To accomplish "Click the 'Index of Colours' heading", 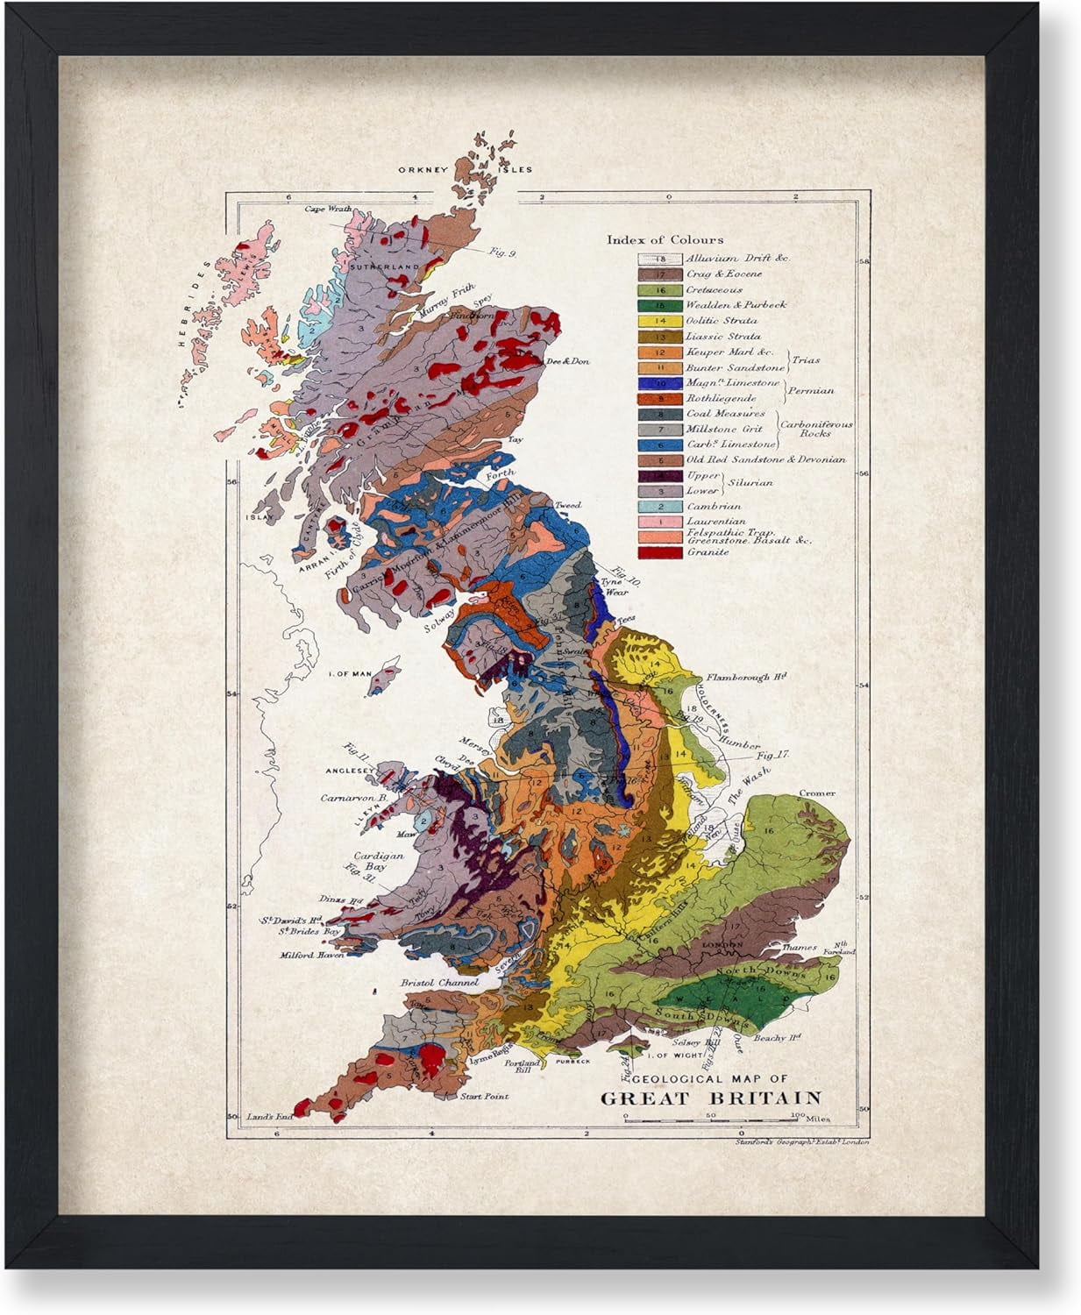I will [665, 239].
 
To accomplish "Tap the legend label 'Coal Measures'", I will [725, 414].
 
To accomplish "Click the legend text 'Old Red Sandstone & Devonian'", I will [766, 459].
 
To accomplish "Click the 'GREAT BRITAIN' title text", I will [710, 1098].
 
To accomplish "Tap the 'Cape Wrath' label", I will [328, 210].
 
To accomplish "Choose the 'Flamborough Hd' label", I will [747, 677].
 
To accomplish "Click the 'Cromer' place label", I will [816, 793].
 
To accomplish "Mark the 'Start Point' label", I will [484, 1096].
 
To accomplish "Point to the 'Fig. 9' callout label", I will [502, 252].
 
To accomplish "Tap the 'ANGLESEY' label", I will [351, 771].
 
